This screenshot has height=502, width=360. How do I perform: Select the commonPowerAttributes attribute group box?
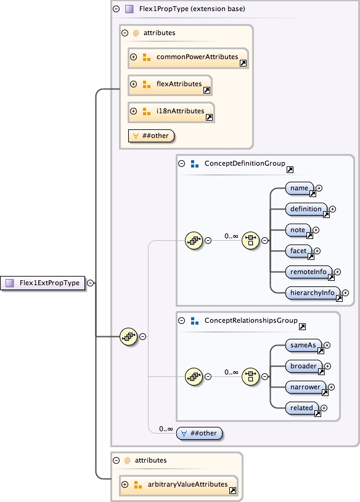click(x=189, y=57)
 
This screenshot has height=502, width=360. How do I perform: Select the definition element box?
click(x=306, y=209)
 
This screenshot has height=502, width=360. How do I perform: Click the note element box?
click(x=299, y=230)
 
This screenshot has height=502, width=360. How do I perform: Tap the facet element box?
click(x=300, y=251)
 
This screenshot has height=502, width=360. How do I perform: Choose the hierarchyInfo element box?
click(x=313, y=293)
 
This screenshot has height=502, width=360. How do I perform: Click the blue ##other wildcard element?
click(x=200, y=433)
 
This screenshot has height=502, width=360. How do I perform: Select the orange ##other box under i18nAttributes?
click(x=152, y=136)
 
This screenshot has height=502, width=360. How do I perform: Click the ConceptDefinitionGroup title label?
click(x=244, y=164)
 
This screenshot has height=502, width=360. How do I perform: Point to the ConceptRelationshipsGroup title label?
click(x=250, y=321)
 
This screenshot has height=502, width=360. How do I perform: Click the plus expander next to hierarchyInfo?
click(x=346, y=294)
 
